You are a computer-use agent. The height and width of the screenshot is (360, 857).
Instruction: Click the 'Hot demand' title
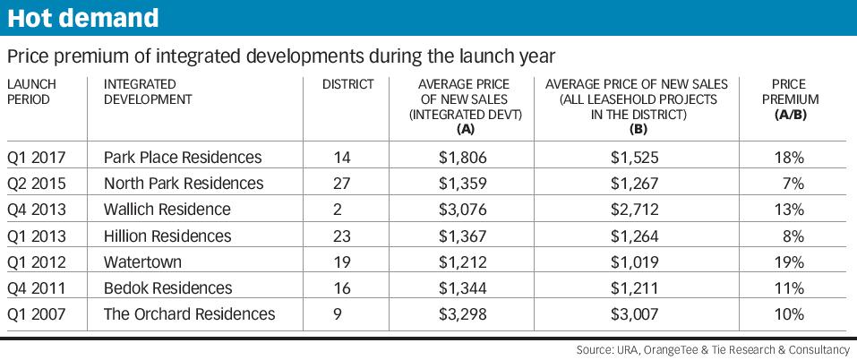pyautogui.click(x=82, y=18)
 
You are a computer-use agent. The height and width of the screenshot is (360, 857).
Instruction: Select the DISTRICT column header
pyautogui.click(x=347, y=85)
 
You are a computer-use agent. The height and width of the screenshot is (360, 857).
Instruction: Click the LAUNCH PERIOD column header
pyautogui.click(x=31, y=92)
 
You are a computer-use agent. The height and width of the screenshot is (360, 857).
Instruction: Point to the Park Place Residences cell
pyautogui.click(x=183, y=158)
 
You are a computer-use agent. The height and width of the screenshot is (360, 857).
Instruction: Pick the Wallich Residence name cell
pyautogui.click(x=167, y=210)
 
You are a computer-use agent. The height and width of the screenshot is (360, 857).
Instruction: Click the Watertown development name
pyautogui.click(x=142, y=262)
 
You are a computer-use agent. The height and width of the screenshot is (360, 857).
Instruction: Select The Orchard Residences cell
pyautogui.click(x=189, y=314)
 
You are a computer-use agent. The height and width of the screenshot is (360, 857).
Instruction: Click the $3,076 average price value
pyautogui.click(x=462, y=210)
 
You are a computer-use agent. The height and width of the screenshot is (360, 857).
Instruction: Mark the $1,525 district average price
pyautogui.click(x=635, y=158)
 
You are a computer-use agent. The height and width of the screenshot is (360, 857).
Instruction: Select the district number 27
pyautogui.click(x=342, y=184)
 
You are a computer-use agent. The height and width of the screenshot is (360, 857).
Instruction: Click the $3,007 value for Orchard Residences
pyautogui.click(x=635, y=314)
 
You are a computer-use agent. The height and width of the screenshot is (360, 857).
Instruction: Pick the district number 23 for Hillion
pyautogui.click(x=342, y=236)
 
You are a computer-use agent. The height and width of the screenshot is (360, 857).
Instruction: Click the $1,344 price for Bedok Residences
pyautogui.click(x=462, y=287)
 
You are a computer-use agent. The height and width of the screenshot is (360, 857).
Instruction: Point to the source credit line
pyautogui.click(x=713, y=349)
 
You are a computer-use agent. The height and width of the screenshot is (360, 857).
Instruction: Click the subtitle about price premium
pyautogui.click(x=281, y=56)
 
